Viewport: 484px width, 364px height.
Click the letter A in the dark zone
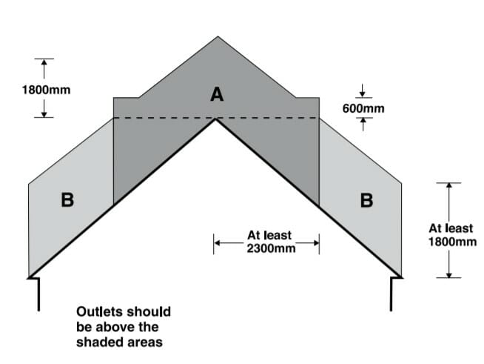[216, 94]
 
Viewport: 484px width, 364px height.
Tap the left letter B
[67, 200]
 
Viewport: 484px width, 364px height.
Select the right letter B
[365, 200]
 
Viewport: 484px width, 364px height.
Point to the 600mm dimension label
[363, 109]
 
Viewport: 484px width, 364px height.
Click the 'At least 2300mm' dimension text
[269, 242]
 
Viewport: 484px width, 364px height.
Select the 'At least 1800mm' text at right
[452, 235]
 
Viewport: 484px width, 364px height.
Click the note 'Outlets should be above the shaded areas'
[123, 326]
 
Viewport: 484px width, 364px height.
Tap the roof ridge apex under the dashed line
[215, 120]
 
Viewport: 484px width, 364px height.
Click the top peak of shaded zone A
[218, 38]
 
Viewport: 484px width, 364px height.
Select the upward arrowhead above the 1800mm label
[44, 64]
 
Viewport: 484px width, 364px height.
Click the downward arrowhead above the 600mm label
[363, 93]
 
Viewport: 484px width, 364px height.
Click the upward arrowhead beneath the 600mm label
[363, 122]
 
